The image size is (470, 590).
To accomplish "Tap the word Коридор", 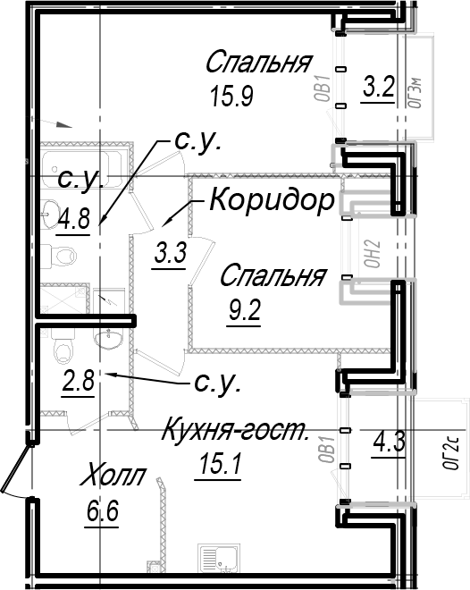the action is click(x=273, y=200).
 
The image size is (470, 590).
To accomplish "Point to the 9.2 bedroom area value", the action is click(x=245, y=312).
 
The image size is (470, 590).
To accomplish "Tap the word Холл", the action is click(x=113, y=476).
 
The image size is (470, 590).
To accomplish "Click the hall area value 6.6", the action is click(x=103, y=511).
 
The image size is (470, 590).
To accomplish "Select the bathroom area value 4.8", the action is click(x=74, y=218).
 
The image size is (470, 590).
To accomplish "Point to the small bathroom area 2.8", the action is click(x=79, y=381).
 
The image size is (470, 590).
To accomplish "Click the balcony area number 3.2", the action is click(x=379, y=87).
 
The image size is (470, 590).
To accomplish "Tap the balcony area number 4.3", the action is click(x=390, y=442).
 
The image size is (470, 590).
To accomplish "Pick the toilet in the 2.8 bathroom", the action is click(x=63, y=348).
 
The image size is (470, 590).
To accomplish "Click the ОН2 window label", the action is click(x=373, y=255).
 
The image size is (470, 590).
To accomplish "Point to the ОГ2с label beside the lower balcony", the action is click(x=450, y=452).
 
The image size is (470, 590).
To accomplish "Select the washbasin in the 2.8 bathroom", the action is click(x=108, y=339).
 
